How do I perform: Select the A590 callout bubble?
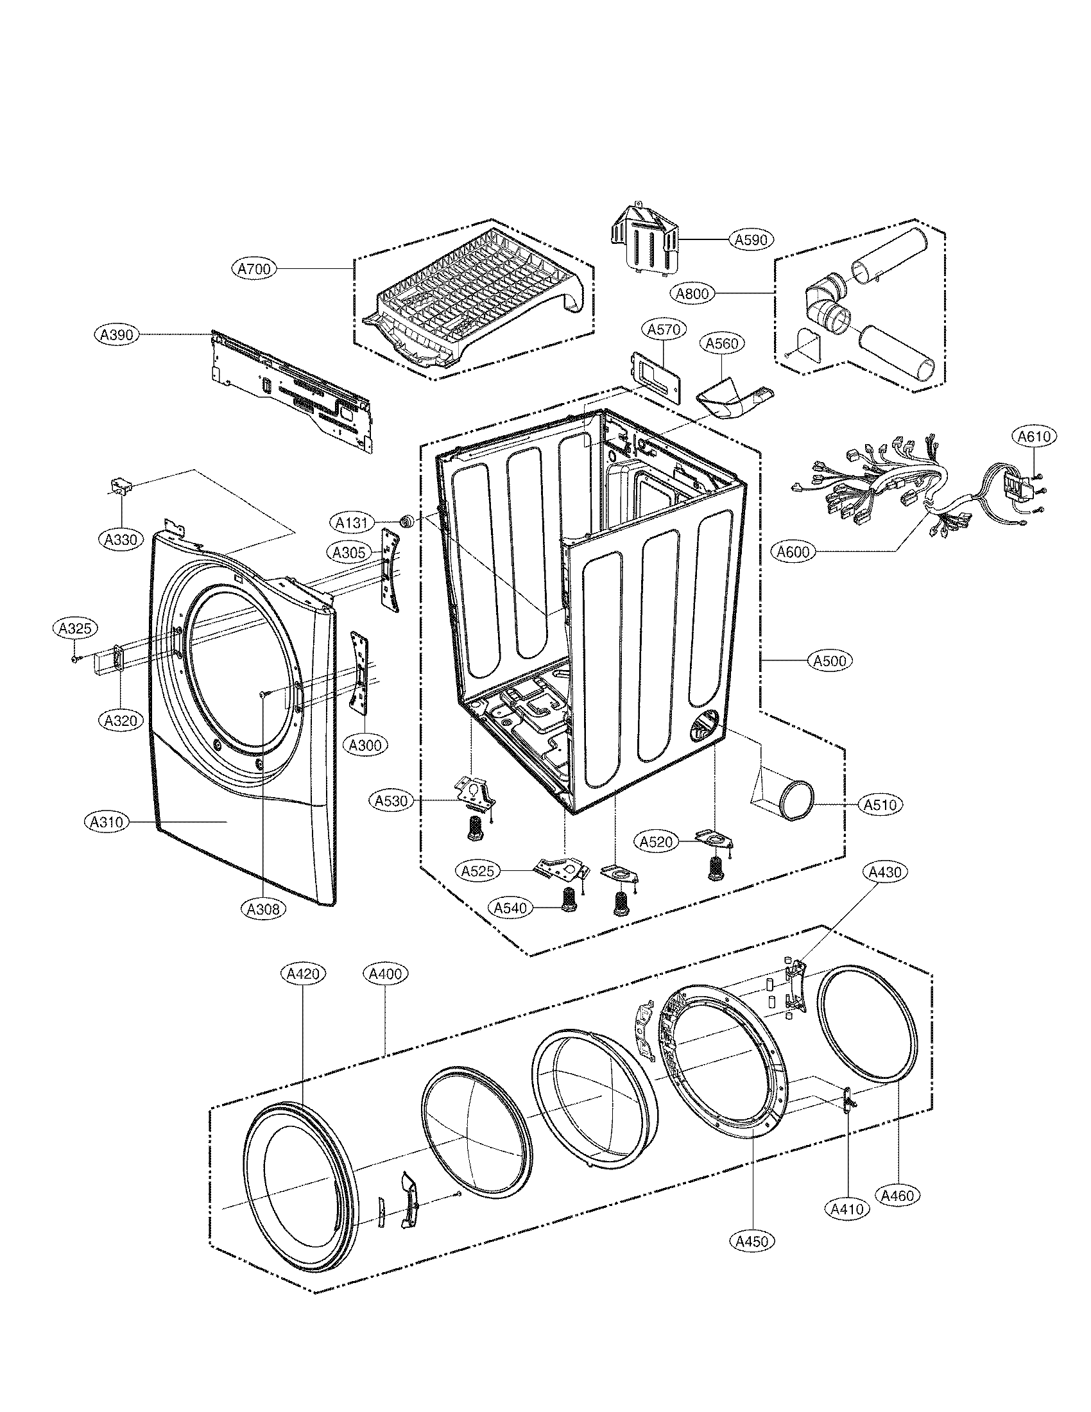(752, 240)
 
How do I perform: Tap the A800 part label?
(692, 293)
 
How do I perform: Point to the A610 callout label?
(1033, 437)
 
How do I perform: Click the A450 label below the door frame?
(752, 1241)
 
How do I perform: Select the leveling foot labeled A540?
(569, 899)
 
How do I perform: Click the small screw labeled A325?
(76, 659)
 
